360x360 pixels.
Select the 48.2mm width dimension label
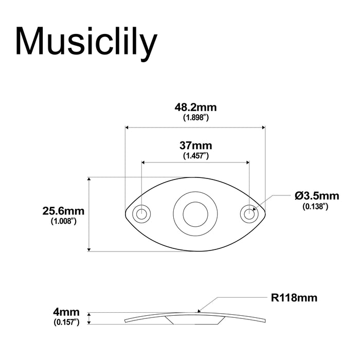195,107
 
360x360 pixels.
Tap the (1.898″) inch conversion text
195,118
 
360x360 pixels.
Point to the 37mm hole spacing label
195,146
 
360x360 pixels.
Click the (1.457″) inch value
195,155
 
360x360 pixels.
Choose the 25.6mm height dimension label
63,211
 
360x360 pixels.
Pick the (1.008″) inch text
63,221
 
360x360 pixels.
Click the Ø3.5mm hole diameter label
317,195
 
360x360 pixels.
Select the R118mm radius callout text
294,298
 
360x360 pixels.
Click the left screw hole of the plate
141,213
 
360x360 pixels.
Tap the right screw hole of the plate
249,213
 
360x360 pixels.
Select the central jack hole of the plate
195,212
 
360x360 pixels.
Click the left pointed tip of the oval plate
126,212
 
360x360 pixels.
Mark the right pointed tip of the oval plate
265,212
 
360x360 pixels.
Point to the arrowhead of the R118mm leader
199,310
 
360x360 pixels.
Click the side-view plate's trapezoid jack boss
195,319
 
